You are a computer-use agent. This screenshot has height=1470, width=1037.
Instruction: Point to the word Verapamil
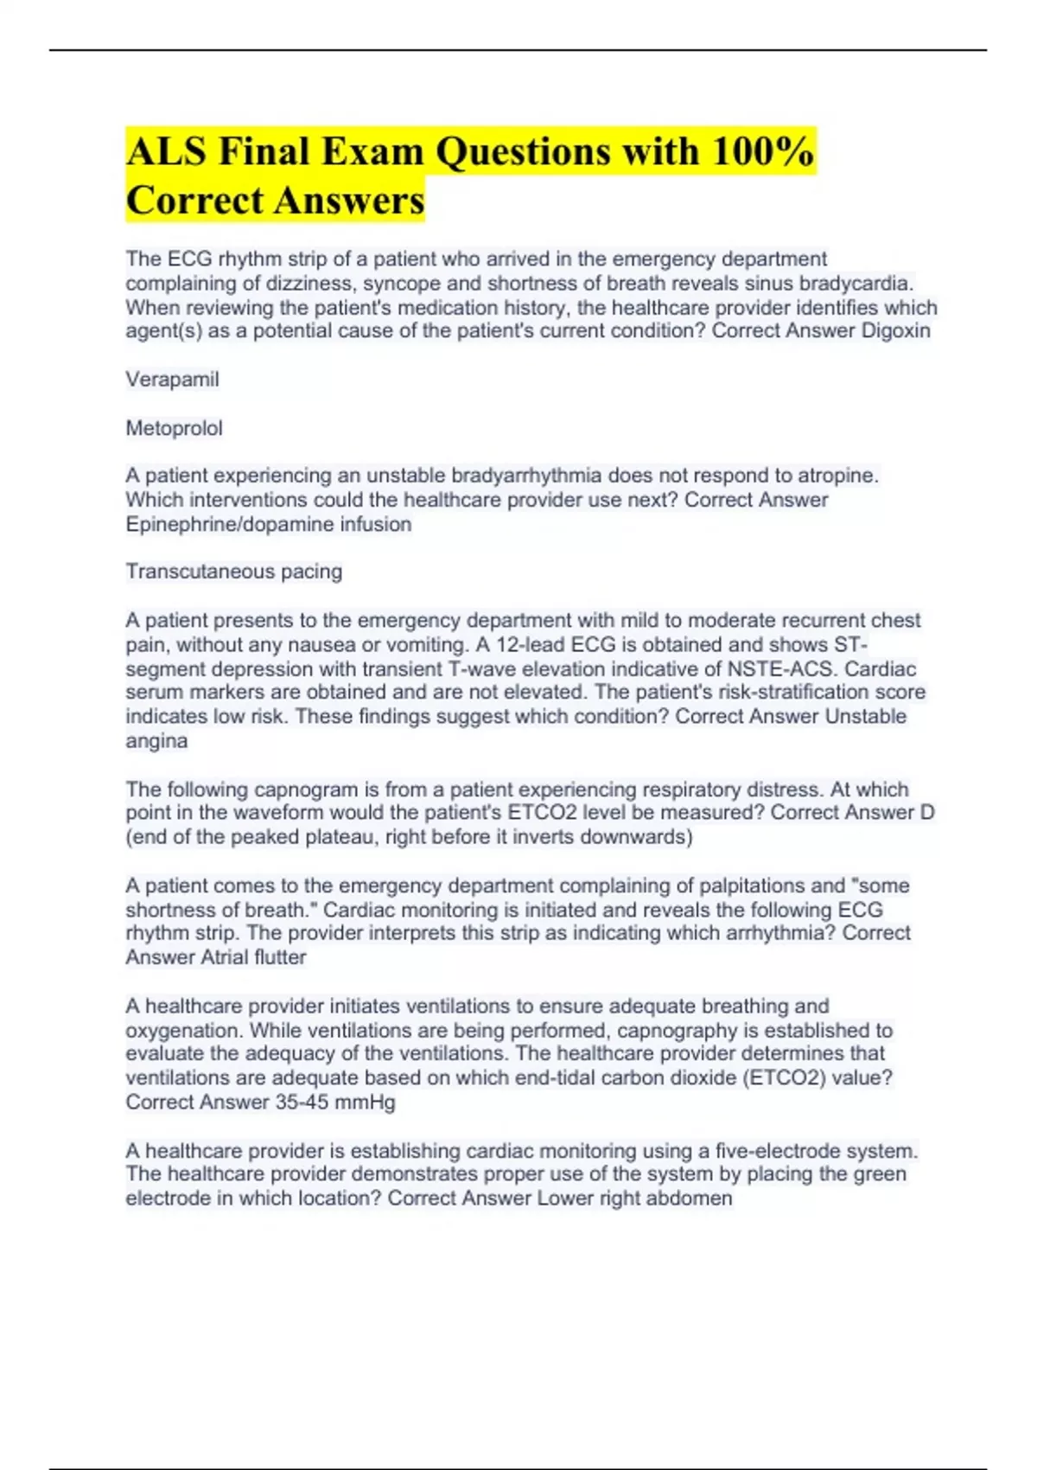pyautogui.click(x=172, y=380)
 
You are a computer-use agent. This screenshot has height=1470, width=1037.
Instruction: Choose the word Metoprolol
pyautogui.click(x=174, y=428)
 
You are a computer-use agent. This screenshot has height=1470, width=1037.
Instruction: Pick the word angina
pyautogui.click(x=156, y=741)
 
